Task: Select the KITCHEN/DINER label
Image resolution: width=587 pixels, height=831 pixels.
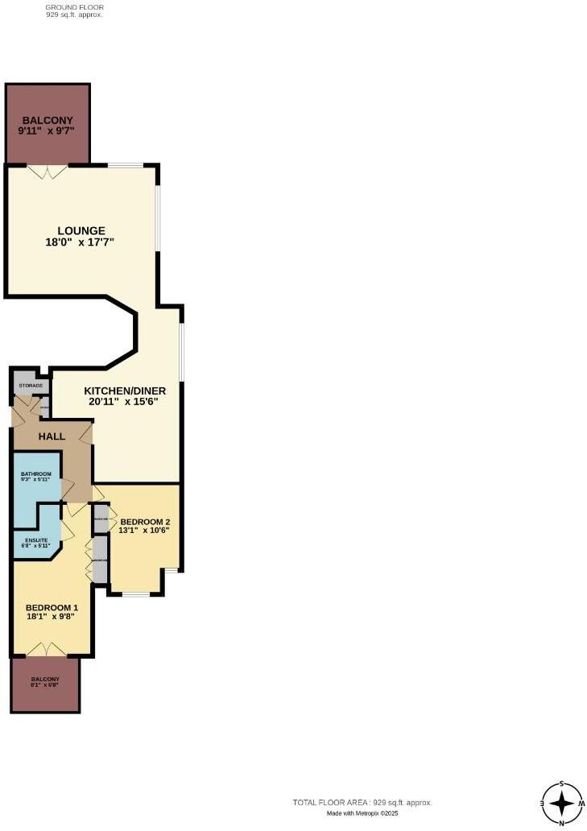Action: pos(126,391)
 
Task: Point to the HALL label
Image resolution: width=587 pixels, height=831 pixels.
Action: pos(52,436)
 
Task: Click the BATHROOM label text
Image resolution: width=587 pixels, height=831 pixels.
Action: pos(36,473)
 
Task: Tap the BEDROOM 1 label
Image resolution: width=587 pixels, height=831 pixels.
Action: pos(52,607)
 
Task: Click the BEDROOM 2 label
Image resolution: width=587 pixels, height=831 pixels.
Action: pos(145,521)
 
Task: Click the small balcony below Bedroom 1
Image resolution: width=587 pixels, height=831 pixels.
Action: pos(45,684)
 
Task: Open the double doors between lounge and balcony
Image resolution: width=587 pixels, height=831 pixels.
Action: pos(48,171)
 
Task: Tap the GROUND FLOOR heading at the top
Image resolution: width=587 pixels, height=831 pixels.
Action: pos(75,6)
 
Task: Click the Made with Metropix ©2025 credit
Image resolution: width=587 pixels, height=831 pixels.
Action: pos(362,813)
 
